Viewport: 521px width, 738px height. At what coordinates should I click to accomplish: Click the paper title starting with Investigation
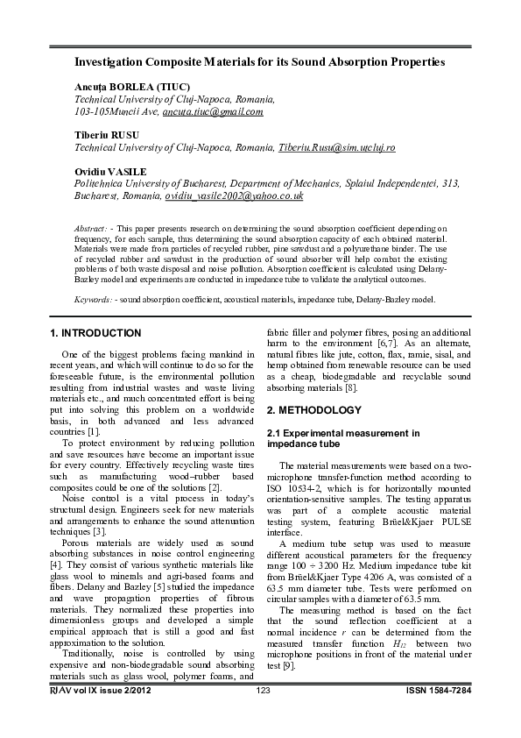click(x=259, y=62)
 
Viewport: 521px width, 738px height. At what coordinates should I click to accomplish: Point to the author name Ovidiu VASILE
click(x=110, y=172)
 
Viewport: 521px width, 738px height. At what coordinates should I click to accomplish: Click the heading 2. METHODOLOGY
click(x=313, y=410)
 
